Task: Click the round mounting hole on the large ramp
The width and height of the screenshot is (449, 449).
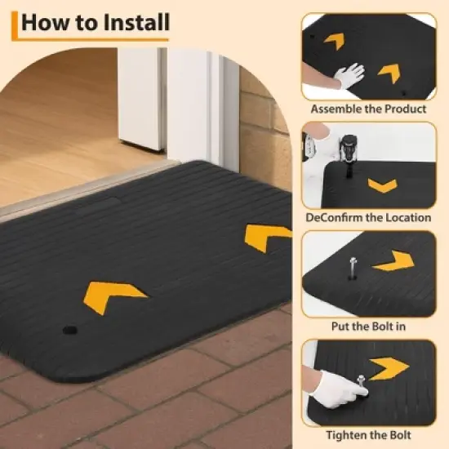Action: (x=69, y=332)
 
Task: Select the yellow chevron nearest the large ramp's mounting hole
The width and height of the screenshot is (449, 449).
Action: (x=113, y=293)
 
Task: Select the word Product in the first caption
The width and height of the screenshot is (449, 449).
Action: (x=405, y=109)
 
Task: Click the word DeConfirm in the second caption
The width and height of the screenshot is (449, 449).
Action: (x=335, y=218)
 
